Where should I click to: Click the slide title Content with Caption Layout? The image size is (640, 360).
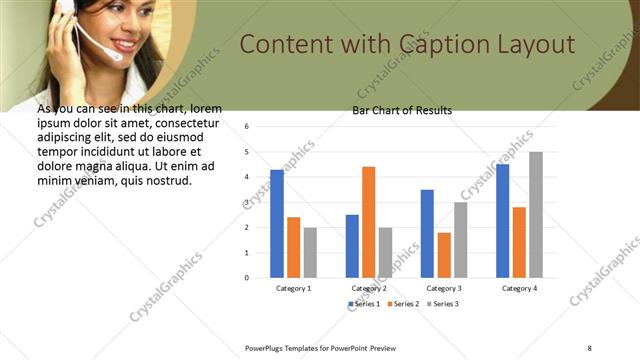408,45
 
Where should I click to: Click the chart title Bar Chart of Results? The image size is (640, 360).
402,110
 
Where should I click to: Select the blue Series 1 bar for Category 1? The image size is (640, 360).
277,223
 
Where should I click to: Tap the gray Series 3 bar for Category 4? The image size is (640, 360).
536,214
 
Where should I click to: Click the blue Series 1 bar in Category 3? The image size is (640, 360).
427,233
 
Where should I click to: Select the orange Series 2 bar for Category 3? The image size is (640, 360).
444,254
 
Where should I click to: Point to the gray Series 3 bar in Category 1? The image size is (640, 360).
310,252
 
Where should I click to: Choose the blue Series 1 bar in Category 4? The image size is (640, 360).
502,220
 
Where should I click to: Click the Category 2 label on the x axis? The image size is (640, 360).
369,288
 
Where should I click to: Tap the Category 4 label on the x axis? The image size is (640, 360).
519,288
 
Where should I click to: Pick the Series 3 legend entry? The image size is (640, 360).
441,303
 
